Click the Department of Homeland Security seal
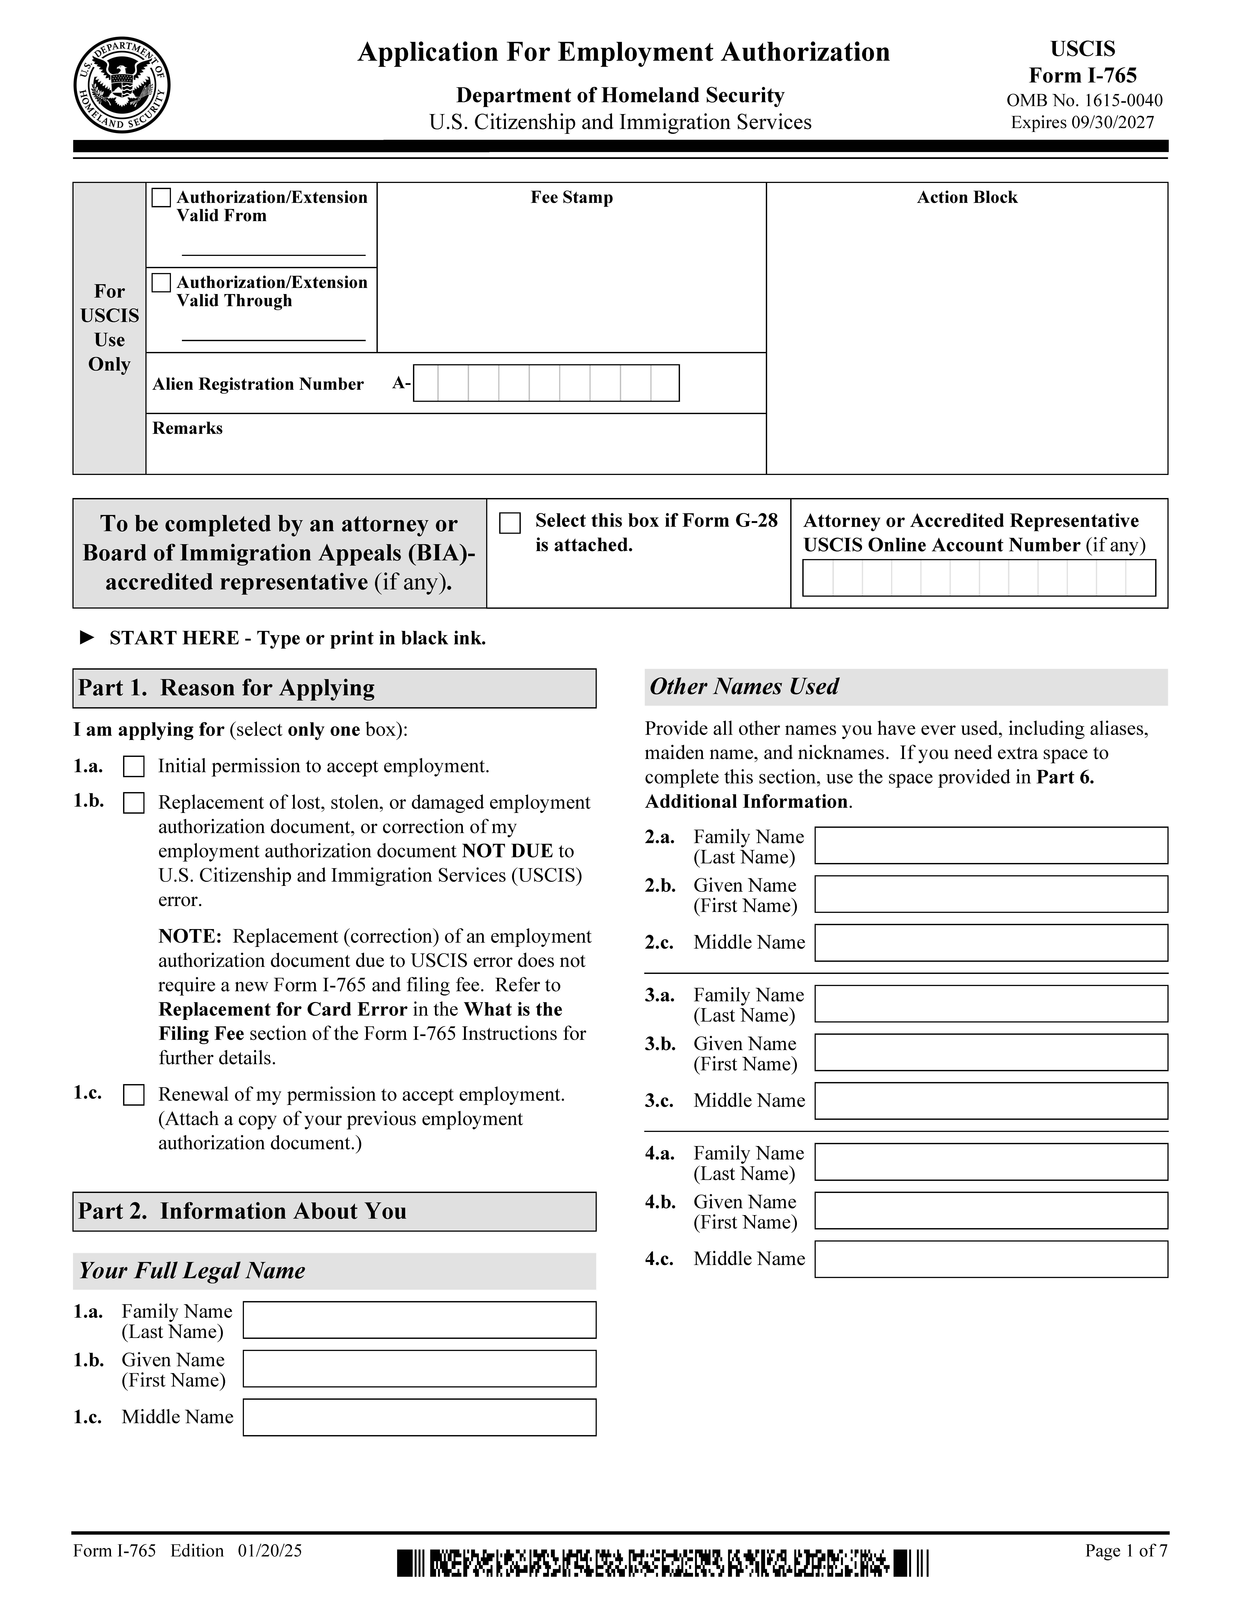coord(122,85)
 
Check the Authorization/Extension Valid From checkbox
coord(161,198)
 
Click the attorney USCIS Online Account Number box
coord(978,578)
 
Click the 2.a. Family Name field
coord(990,845)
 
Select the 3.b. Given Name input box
coord(990,1052)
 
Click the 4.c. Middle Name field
coord(990,1259)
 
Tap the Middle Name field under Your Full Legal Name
coord(419,1418)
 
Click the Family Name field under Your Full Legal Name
coord(419,1320)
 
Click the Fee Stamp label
coord(571,198)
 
